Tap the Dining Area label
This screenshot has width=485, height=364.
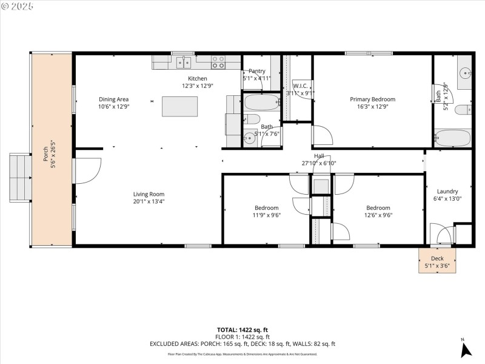pyautogui.click(x=114, y=99)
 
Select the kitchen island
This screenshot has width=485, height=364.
pyautogui.click(x=179, y=106)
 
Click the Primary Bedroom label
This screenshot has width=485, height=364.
pyautogui.click(x=372, y=99)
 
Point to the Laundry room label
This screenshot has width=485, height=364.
pyautogui.click(x=447, y=191)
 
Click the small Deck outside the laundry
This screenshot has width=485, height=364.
pyautogui.click(x=437, y=260)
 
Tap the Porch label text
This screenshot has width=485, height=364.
pyautogui.click(x=44, y=149)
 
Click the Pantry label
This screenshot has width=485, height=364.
pyautogui.click(x=257, y=71)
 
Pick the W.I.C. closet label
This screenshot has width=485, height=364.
pyautogui.click(x=301, y=86)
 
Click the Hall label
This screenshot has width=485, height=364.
pyautogui.click(x=318, y=156)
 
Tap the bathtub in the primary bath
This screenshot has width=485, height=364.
pyautogui.click(x=452, y=138)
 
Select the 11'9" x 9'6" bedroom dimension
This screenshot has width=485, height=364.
pyautogui.click(x=266, y=215)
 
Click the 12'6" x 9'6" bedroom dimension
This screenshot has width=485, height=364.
pyautogui.click(x=378, y=215)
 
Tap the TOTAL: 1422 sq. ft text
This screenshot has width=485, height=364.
pyautogui.click(x=242, y=329)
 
